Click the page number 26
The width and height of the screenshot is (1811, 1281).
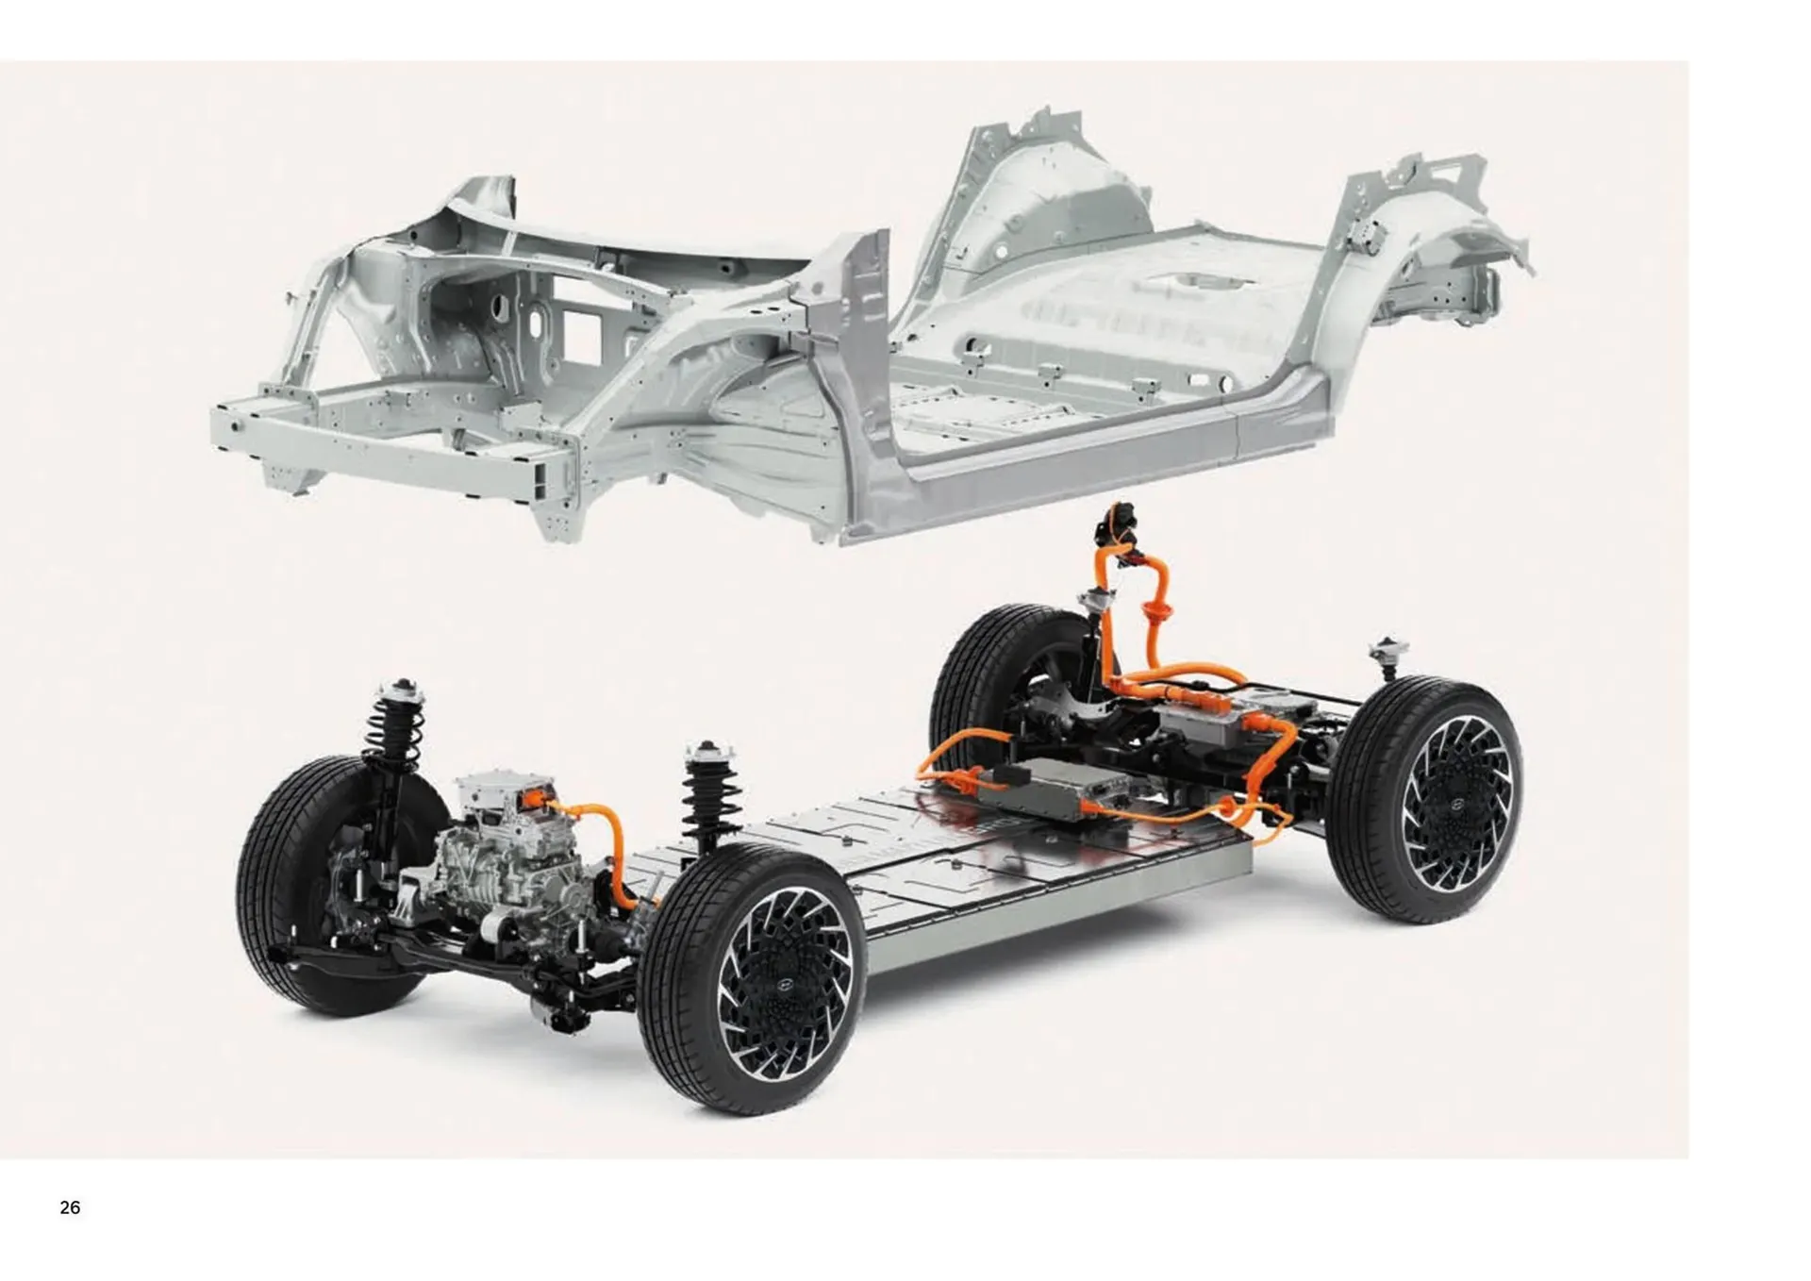70,1207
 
